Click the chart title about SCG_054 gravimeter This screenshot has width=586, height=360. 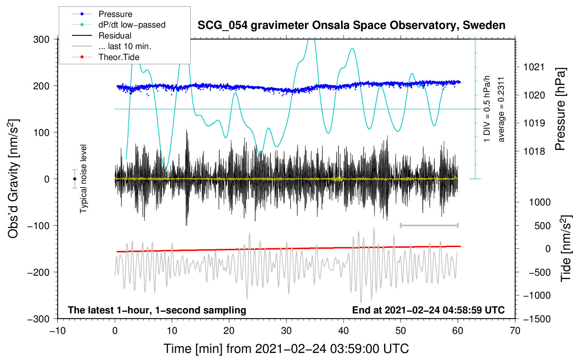click(351, 25)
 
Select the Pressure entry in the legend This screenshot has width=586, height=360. click(115, 14)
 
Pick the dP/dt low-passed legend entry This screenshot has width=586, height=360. click(132, 25)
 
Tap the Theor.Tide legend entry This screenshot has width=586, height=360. click(119, 57)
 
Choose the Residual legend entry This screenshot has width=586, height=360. click(115, 36)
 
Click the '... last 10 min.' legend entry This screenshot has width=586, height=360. click(125, 46)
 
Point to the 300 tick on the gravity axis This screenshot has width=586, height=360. click(41, 40)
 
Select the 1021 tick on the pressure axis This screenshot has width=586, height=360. click(534, 67)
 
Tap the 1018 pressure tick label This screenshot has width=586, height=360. click(534, 151)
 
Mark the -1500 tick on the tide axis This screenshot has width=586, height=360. click(537, 319)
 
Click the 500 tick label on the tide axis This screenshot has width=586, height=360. click(542, 226)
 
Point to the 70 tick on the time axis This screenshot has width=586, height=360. click(515, 331)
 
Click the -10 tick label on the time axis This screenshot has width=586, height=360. click(58, 331)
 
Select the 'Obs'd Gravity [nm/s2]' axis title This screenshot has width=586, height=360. click(13, 179)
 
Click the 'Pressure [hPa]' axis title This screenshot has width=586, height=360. click(560, 109)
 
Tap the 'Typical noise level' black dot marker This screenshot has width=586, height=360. click(74, 179)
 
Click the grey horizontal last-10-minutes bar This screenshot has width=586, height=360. click(429, 225)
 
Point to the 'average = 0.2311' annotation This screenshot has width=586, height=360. click(501, 109)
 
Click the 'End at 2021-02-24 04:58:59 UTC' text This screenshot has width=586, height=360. click(428, 310)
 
